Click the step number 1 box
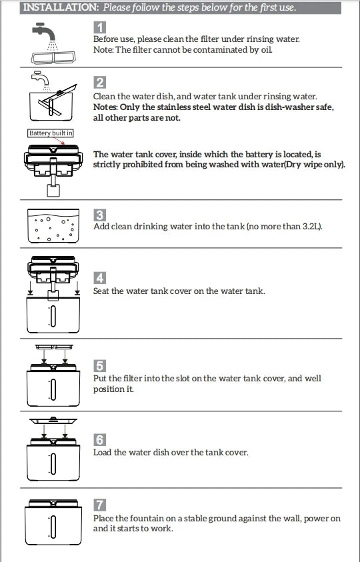pos(99,27)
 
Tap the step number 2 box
pos(99,83)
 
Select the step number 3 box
pos(99,215)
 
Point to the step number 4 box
pos(99,278)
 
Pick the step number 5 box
pos(99,366)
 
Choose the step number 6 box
pos(99,440)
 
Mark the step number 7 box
pos(99,505)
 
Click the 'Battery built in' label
pos(51,133)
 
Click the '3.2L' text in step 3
pos(311,227)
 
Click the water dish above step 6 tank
pos(53,422)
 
